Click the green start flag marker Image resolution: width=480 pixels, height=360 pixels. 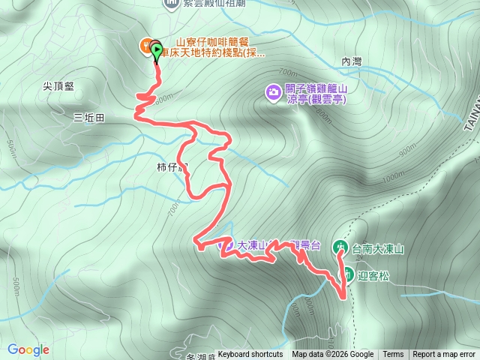(157, 52)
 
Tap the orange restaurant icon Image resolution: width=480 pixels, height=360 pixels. (146, 45)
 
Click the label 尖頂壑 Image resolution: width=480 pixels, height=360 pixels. (58, 86)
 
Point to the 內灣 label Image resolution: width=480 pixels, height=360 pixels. (351, 61)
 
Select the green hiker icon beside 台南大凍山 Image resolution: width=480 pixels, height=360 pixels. (340, 247)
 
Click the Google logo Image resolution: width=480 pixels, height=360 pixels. (28, 349)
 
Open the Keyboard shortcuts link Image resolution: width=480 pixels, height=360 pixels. (250, 355)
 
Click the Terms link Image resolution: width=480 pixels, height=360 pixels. (393, 355)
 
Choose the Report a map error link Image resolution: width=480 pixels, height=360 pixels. (444, 355)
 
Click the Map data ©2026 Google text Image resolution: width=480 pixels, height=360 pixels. (333, 355)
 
